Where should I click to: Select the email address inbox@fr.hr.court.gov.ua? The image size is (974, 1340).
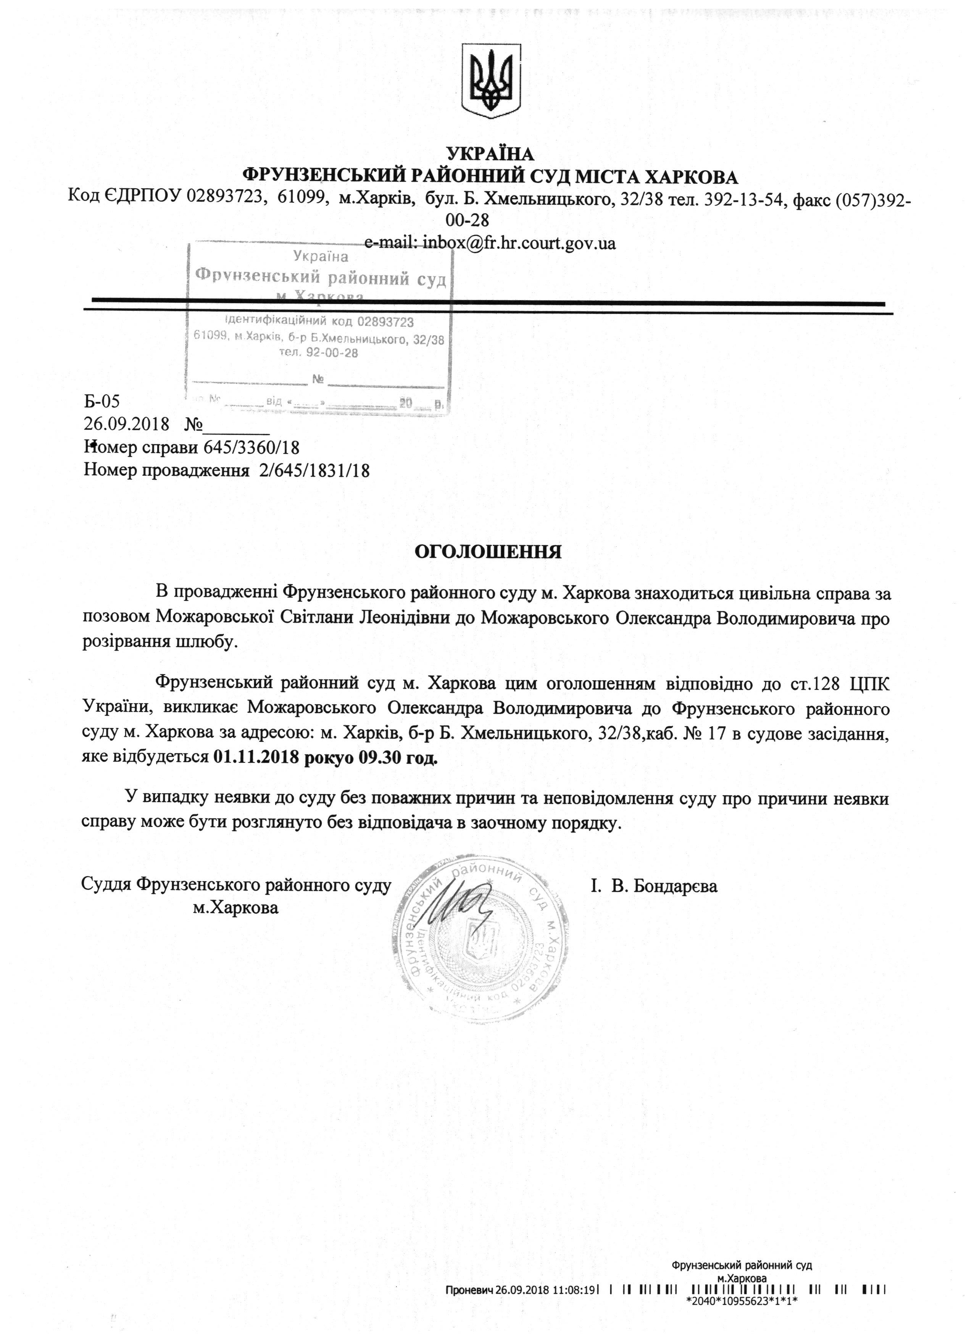[519, 243]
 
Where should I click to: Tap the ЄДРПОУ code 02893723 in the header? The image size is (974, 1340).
[224, 197]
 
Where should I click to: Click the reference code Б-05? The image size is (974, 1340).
[102, 402]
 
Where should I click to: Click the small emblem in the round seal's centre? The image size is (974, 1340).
[479, 940]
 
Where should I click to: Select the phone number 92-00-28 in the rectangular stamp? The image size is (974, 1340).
[328, 353]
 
